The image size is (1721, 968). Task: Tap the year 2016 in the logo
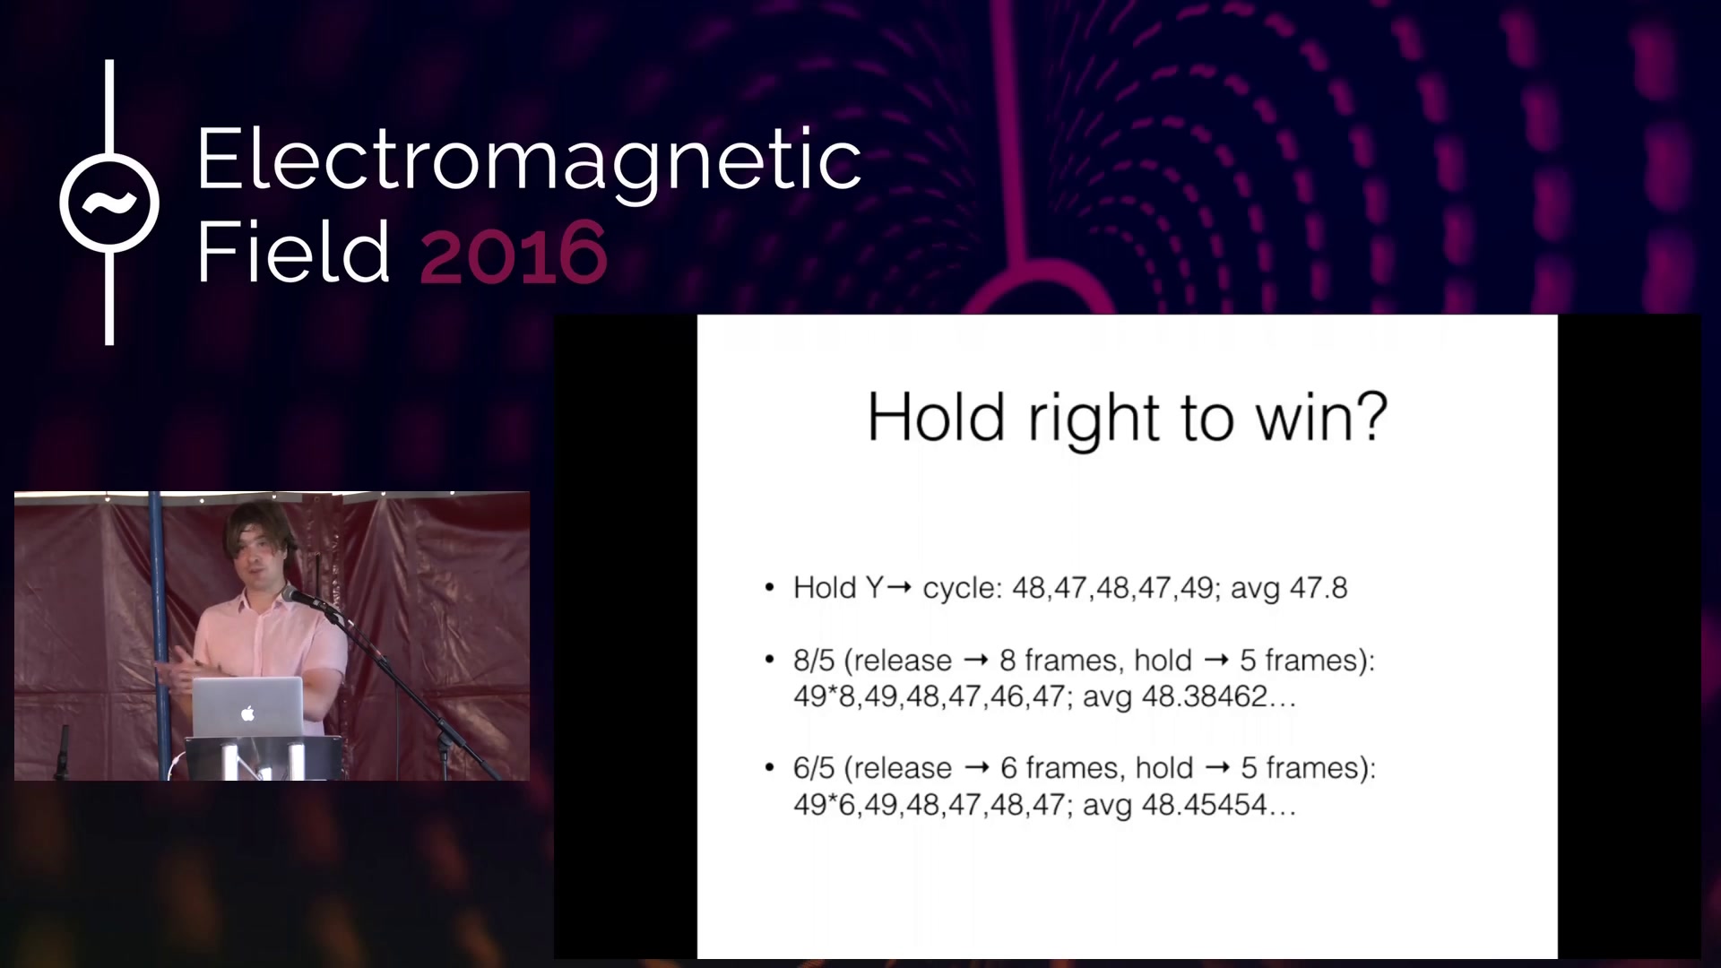tap(514, 253)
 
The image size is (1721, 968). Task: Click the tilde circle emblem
tap(109, 203)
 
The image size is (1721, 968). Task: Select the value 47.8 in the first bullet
tap(1319, 588)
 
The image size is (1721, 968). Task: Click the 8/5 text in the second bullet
tap(814, 661)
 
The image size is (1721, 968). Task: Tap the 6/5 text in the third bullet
tap(814, 768)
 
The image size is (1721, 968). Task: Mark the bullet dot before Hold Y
tap(769, 588)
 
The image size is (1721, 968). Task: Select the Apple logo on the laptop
tap(248, 713)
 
